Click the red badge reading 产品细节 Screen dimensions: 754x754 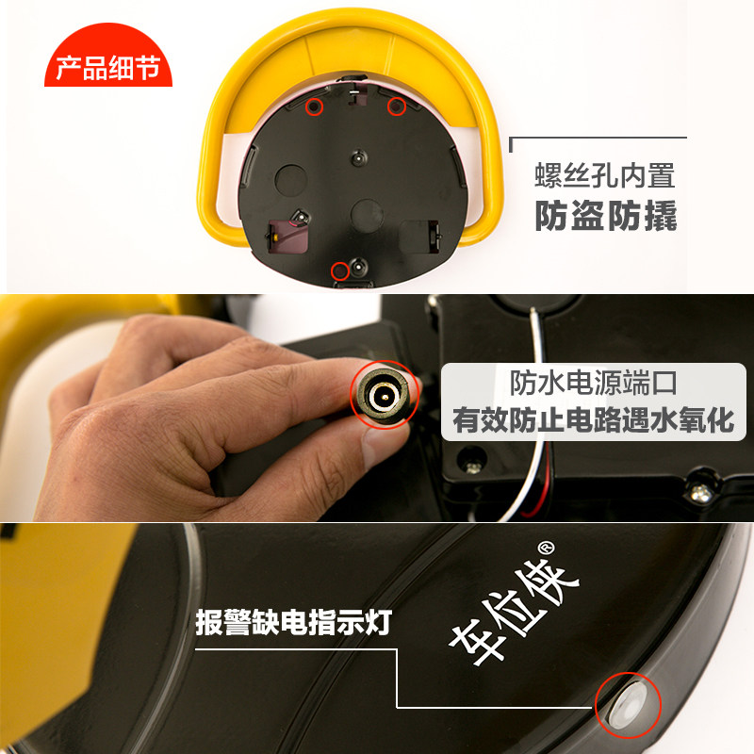click(108, 57)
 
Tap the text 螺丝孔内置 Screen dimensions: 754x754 click(605, 175)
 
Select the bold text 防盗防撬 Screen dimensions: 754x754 click(606, 216)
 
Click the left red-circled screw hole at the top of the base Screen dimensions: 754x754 click(315, 107)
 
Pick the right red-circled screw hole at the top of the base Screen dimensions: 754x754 click(397, 107)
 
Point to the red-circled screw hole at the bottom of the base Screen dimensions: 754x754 click(340, 270)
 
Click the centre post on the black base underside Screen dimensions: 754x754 click(358, 157)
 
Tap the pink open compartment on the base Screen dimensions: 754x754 click(287, 237)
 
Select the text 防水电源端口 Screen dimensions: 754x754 click(594, 383)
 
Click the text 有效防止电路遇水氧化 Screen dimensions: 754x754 click(594, 419)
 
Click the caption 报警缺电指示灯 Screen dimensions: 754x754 click(294, 622)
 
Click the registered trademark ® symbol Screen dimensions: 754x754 click(546, 549)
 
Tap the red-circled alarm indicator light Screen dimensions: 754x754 click(629, 704)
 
